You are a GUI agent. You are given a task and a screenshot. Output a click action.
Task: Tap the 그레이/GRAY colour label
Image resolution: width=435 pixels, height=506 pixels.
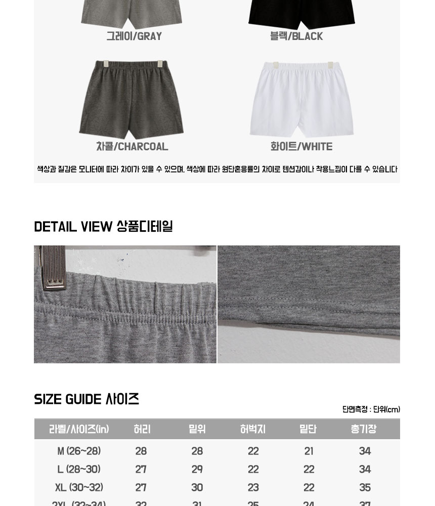coord(134,36)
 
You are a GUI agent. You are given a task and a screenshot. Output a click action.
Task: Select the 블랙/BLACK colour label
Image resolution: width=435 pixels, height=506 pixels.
coord(296,36)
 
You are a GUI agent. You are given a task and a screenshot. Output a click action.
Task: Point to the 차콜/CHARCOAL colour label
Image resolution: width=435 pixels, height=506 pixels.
coord(132,147)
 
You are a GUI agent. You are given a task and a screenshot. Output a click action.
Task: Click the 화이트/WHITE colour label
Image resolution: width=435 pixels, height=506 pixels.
coord(301,147)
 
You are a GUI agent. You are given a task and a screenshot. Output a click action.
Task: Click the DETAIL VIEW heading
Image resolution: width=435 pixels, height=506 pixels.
coord(103,227)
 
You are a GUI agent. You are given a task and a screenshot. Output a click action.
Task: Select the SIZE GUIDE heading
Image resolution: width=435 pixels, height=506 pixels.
coord(86,399)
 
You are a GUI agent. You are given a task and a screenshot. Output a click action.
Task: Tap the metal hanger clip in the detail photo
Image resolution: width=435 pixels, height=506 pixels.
coord(54,268)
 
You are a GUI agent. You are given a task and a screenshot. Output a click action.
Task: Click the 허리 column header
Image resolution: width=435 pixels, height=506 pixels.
coord(142,429)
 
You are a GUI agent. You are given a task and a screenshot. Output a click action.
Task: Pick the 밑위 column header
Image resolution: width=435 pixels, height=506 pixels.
coord(197,429)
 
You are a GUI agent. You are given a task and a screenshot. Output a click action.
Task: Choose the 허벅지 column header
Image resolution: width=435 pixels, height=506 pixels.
coord(253,429)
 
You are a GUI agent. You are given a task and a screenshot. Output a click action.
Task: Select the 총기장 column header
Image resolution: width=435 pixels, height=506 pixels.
coord(364,429)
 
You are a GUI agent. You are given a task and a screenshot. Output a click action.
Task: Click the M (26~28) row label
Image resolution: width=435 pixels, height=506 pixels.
coord(79,451)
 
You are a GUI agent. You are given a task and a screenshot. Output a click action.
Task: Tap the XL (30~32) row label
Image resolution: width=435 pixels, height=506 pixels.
coord(79,487)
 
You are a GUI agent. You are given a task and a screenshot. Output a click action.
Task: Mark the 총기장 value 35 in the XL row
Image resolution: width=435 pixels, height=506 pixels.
coord(365,487)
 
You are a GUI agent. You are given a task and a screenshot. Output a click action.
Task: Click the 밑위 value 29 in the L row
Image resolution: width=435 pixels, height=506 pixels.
coord(197,469)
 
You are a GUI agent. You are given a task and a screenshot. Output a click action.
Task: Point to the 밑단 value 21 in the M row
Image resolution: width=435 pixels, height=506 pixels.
coord(309,451)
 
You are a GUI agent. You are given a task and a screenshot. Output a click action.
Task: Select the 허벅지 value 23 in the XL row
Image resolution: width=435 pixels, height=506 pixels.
coord(253,487)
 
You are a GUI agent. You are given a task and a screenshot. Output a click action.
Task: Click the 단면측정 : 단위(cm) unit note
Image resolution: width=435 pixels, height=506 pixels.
coord(371,409)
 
